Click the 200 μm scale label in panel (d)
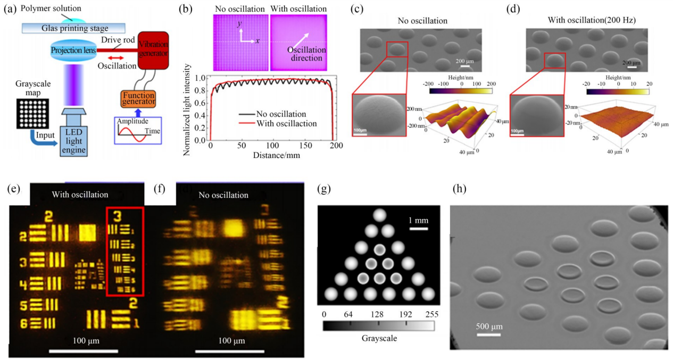[x=632, y=62]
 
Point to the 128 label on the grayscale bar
[x=379, y=314]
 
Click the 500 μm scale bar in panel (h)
[x=488, y=335]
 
